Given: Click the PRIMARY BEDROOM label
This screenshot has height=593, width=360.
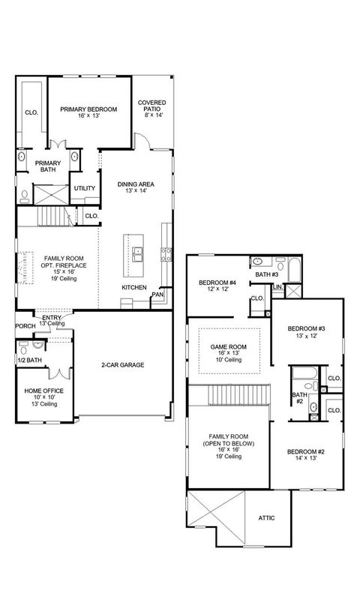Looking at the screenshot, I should coord(89,109).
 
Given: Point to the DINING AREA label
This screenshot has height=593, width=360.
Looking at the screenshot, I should coord(136,184).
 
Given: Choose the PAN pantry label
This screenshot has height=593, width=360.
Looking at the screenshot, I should coord(157,295).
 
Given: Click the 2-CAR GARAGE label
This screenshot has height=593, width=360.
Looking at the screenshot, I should coord(123,365).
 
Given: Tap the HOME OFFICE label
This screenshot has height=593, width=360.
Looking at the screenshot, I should coord(43,391).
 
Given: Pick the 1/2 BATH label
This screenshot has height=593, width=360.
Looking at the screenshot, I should coord(28,360).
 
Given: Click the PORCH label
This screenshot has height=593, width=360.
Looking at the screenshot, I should coord(25,326).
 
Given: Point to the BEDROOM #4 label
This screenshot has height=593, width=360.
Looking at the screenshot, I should coord(217,283).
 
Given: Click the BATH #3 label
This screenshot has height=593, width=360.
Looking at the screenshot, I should coord(267,275).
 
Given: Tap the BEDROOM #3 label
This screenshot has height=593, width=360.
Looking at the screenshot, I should coord(306,329).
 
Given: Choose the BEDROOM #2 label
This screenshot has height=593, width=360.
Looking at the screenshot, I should coord(306,451).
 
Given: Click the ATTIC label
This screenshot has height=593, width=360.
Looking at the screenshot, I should coord(268,517).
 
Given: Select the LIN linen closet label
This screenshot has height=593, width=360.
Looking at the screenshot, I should coord(277,286).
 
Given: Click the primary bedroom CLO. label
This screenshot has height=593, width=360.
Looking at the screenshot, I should coord(31,112).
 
